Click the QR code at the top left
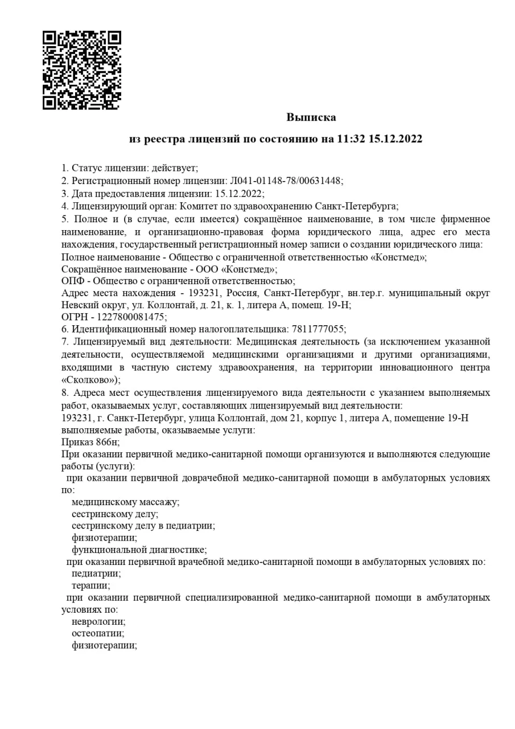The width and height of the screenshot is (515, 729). (x=81, y=70)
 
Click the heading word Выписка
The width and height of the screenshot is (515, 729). (x=311, y=117)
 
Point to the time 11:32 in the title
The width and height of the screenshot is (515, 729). (x=352, y=139)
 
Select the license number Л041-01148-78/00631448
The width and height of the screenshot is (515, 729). (x=286, y=181)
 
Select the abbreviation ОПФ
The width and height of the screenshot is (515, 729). (x=73, y=281)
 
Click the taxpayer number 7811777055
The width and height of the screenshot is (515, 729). (x=318, y=329)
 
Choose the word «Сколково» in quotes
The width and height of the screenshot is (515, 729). (x=89, y=379)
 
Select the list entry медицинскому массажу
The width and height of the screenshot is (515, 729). (x=125, y=502)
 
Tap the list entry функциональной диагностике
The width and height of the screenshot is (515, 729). (x=138, y=550)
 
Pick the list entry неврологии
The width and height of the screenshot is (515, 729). (x=98, y=621)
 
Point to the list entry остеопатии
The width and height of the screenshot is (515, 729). (x=97, y=633)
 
